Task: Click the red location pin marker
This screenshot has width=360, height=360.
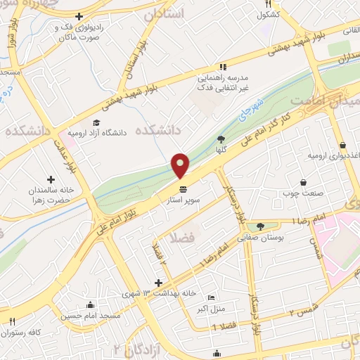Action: (181, 165)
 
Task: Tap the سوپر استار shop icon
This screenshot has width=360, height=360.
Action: (184, 190)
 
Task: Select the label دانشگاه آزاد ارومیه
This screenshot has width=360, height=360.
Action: (102, 132)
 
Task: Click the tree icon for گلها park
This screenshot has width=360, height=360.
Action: (221, 139)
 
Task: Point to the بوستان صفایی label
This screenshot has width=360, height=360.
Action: (261, 238)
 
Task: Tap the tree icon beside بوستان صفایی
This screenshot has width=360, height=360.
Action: (261, 226)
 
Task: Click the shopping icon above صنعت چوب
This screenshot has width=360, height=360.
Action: (303, 181)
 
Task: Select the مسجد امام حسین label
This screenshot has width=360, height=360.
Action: (91, 317)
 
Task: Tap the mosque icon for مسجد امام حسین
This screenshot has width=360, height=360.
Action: (91, 306)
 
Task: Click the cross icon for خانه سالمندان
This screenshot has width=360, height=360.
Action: (51, 179)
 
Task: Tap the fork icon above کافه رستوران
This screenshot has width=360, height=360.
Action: (12, 321)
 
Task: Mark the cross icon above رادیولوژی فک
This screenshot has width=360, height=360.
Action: (79, 16)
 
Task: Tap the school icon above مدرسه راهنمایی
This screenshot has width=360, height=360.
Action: (222, 67)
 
